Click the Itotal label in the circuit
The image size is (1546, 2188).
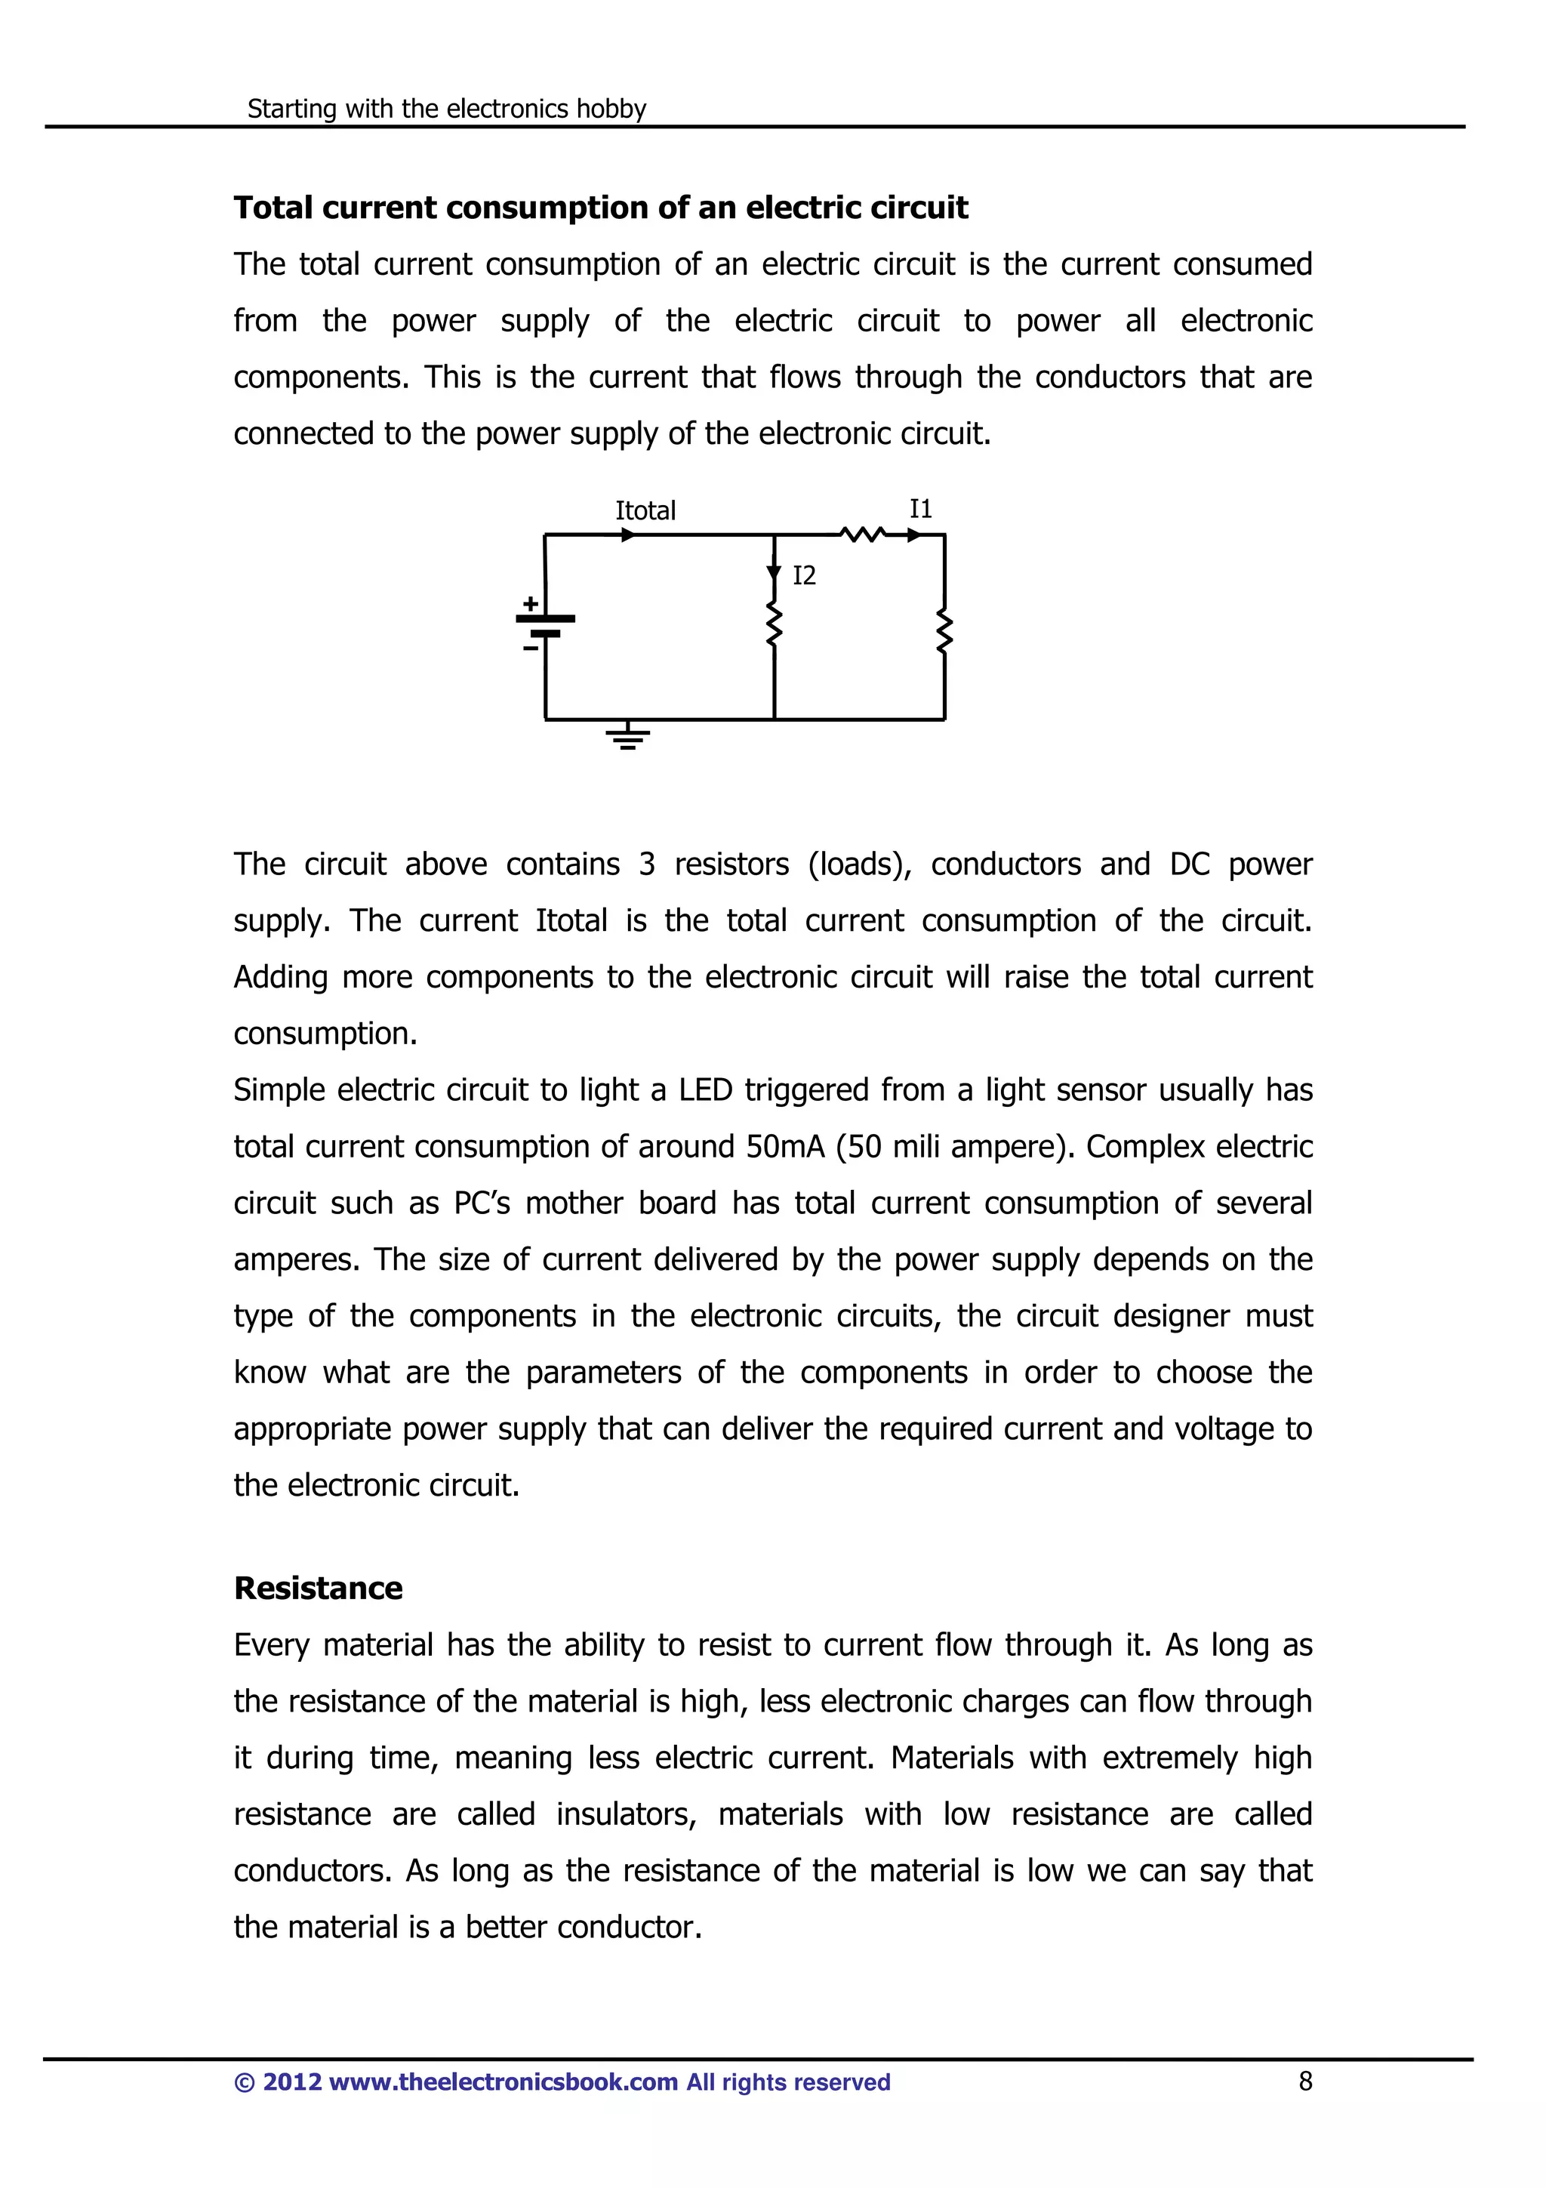coord(645,511)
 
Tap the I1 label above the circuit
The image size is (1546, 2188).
coord(920,509)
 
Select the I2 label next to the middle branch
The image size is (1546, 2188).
coord(804,575)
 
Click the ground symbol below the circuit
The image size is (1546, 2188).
coord(628,737)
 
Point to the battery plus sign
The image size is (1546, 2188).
coord(531,603)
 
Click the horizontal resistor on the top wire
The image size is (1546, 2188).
coord(863,535)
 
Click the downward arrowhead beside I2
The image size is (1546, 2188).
coord(774,574)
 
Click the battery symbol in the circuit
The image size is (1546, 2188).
coord(546,625)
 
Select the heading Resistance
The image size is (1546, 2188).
coord(318,1588)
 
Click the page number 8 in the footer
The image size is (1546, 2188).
coord(1305,2082)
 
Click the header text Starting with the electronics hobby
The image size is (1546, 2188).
coord(447,109)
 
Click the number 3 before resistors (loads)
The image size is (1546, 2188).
coord(647,864)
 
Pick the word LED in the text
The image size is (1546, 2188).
coord(705,1089)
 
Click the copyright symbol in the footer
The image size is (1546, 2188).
coord(244,2082)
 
